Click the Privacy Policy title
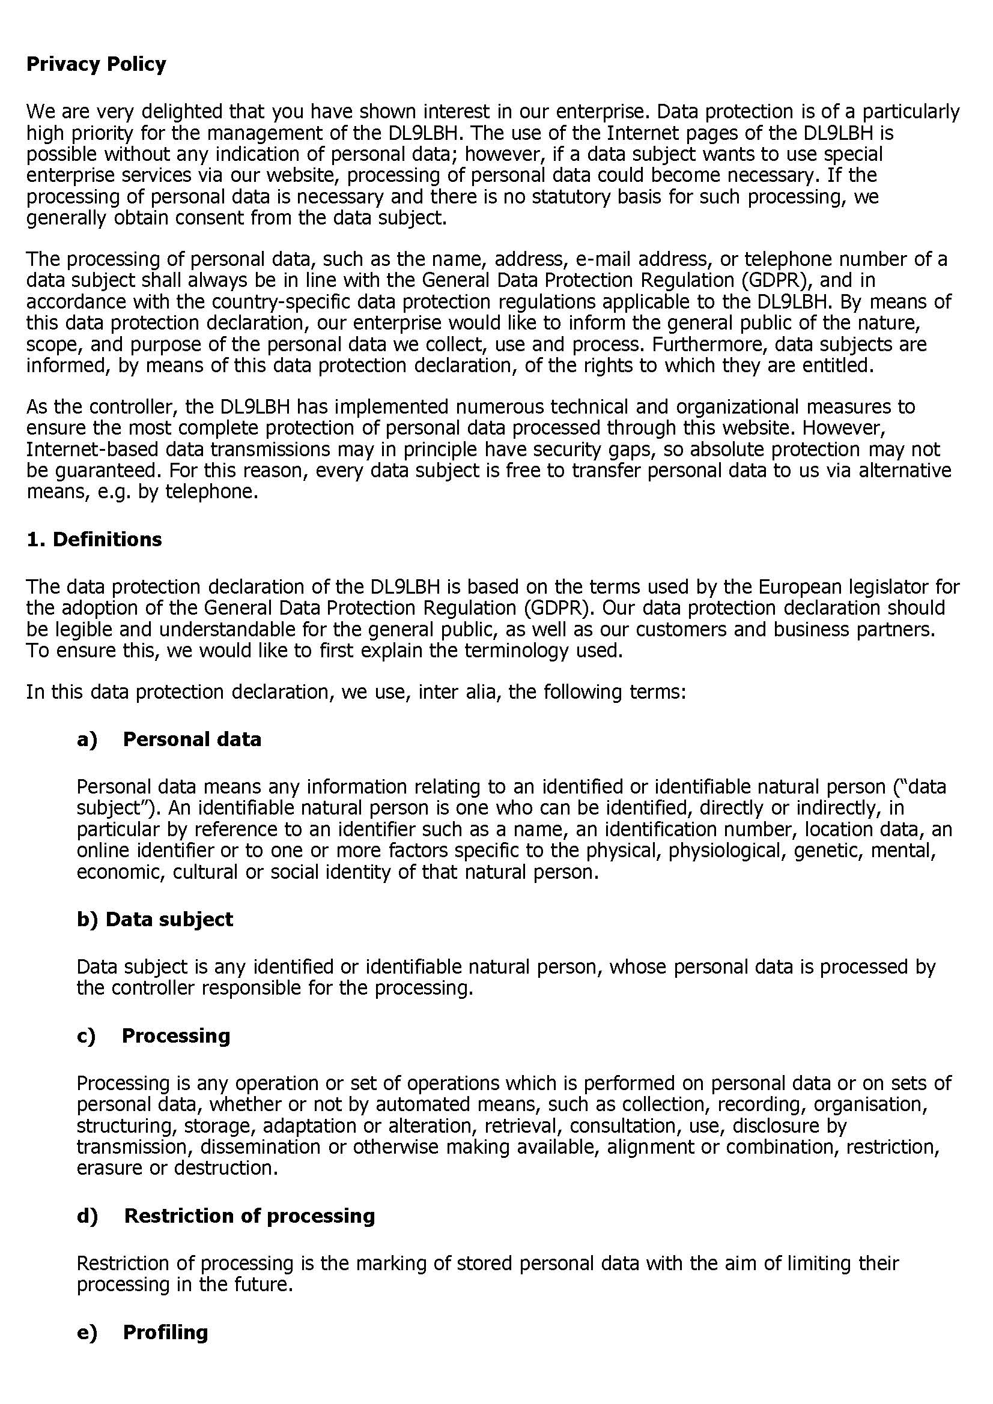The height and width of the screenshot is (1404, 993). pyautogui.click(x=96, y=64)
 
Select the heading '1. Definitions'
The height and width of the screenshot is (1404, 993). pyautogui.click(x=94, y=540)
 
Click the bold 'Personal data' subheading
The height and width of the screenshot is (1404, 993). pyautogui.click(x=192, y=740)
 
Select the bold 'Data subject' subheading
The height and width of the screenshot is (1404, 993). pyautogui.click(x=169, y=919)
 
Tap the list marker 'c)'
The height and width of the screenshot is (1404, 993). pyautogui.click(x=87, y=1035)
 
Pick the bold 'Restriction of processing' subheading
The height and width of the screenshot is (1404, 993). pyautogui.click(x=250, y=1216)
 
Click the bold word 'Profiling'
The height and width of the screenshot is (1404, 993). pyautogui.click(x=165, y=1332)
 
